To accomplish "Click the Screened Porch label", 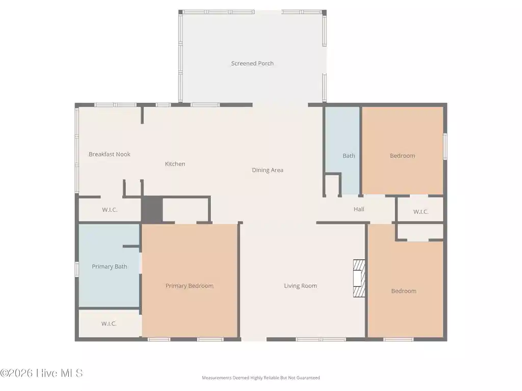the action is [252, 63].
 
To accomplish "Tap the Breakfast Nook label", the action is [109, 154].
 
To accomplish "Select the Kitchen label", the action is [175, 163].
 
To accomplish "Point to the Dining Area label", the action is [267, 170].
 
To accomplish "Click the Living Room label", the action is [300, 286].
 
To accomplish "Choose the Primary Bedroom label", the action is [190, 286].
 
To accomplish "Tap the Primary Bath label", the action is [110, 266].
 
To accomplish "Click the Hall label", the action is [359, 209].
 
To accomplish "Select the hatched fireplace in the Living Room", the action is [359, 278].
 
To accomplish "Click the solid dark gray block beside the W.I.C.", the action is [151, 209].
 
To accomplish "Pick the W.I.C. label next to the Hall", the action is [421, 212].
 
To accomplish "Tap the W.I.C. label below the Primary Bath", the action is [109, 323].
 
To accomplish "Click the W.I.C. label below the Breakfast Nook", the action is [110, 210].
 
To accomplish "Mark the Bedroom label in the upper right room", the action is [403, 156].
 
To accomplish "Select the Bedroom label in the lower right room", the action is [404, 291].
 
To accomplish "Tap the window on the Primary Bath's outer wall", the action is [76, 269].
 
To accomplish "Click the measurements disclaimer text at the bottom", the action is [260, 378].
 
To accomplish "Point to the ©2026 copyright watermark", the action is [41, 373].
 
